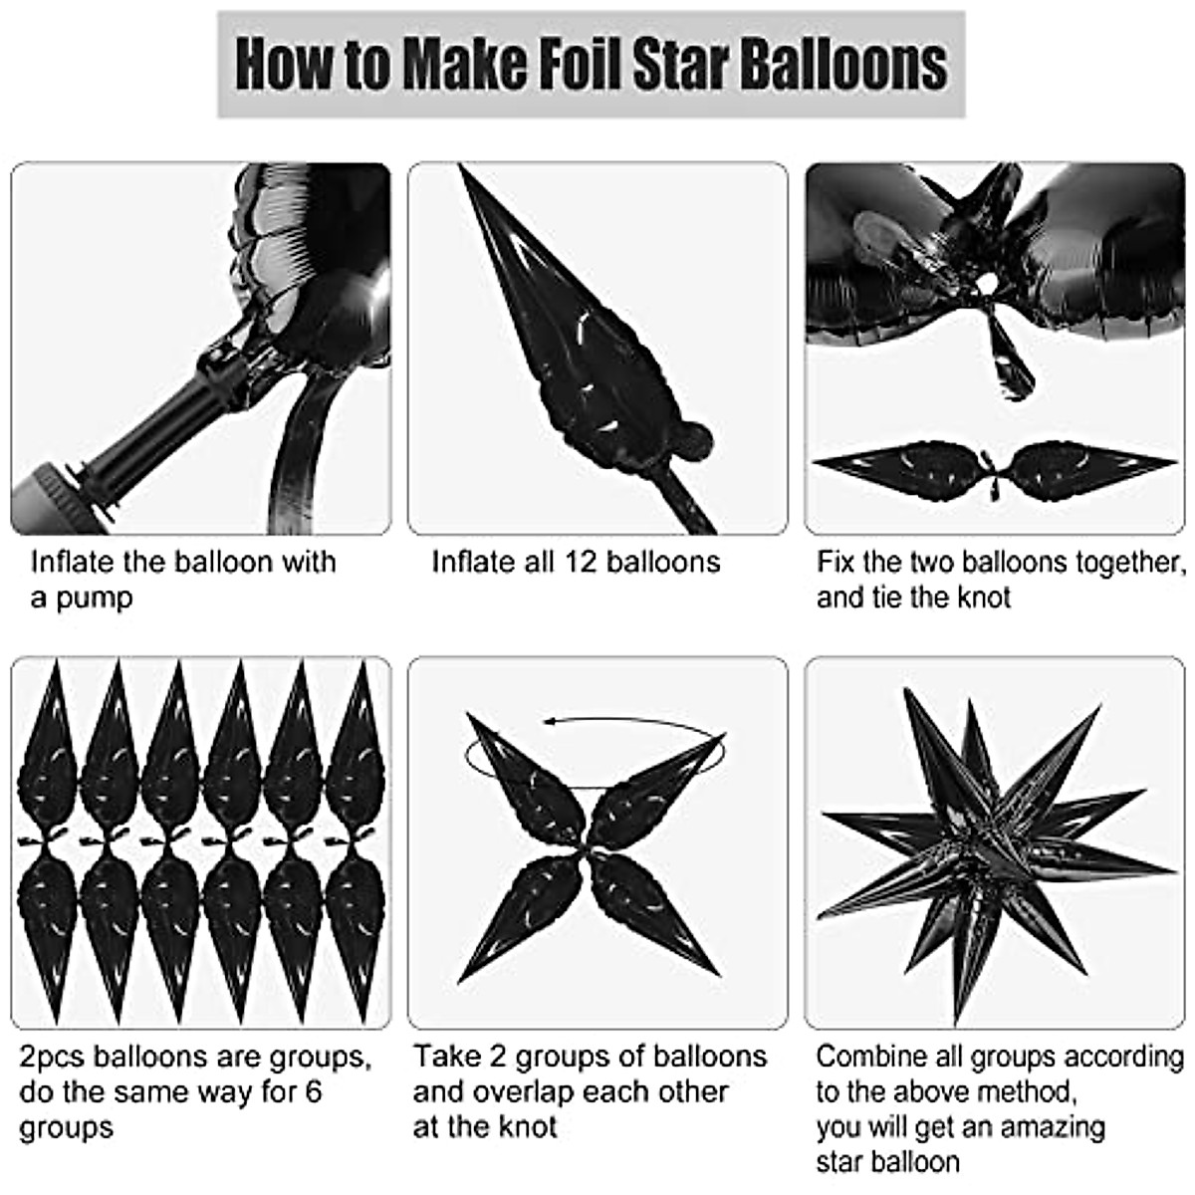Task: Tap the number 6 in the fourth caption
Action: pos(314,1092)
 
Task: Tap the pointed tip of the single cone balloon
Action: pos(463,171)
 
